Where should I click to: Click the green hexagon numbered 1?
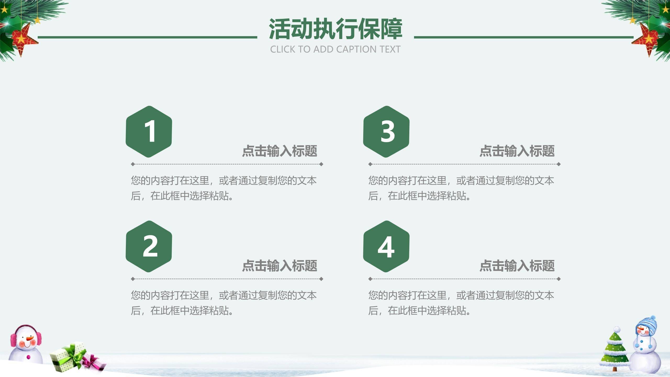tap(149, 131)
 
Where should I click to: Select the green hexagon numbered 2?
tap(149, 246)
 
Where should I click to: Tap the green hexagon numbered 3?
tap(386, 131)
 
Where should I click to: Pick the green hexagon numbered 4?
tap(386, 246)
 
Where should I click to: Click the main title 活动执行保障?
tap(335, 29)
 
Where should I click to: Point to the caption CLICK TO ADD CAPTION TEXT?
tap(335, 49)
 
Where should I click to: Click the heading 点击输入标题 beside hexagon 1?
tap(280, 151)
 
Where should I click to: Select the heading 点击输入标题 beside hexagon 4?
tap(517, 266)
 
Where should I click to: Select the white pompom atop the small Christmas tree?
tap(617, 329)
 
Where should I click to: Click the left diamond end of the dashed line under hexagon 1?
tap(133, 164)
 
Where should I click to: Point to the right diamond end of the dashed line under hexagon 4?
tap(559, 279)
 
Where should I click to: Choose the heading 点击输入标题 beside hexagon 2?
tap(280, 266)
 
